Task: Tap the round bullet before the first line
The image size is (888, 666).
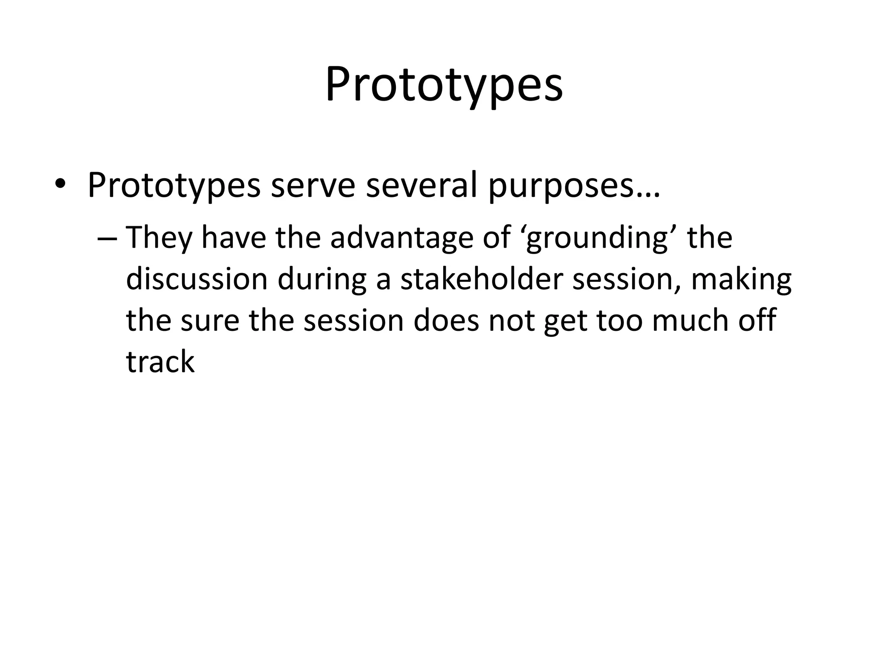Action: (x=60, y=185)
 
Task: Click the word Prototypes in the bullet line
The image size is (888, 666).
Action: (x=174, y=186)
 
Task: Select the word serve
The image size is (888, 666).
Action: (x=313, y=185)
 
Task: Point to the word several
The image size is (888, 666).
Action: (x=421, y=185)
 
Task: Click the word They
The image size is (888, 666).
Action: (x=159, y=238)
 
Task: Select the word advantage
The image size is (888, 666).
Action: (x=402, y=238)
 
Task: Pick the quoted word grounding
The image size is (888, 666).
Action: (x=597, y=238)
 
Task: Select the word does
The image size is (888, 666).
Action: (x=446, y=320)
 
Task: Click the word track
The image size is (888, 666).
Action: (x=160, y=362)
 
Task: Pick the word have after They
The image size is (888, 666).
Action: (x=234, y=238)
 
